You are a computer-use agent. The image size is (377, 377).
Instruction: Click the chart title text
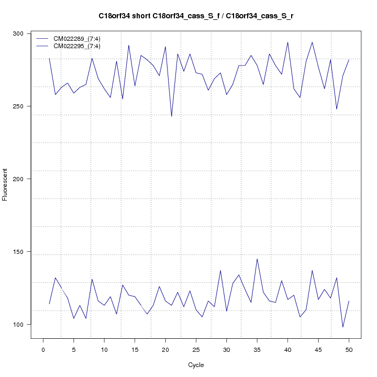click(x=196, y=16)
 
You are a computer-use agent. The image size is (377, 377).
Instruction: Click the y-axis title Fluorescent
click(x=6, y=184)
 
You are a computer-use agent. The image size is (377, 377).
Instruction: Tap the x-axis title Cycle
click(x=196, y=365)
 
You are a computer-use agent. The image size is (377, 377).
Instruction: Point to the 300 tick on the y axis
click(x=24, y=34)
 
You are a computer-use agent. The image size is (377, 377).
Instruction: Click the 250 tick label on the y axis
click(x=24, y=106)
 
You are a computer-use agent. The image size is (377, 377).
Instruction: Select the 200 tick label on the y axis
click(x=24, y=179)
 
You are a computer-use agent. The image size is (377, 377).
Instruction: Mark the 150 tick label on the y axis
click(x=24, y=252)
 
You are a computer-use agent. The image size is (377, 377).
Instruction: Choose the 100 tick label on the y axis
click(x=24, y=325)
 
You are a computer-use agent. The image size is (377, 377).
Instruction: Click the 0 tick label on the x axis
click(x=43, y=350)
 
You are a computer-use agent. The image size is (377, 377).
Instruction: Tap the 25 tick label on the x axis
click(x=196, y=350)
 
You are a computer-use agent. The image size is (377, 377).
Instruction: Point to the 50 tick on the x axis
click(x=349, y=350)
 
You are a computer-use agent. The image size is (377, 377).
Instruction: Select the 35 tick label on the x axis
click(x=257, y=350)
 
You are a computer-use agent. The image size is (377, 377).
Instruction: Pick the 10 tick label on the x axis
click(x=104, y=350)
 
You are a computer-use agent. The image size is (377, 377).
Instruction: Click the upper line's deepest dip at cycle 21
click(x=171, y=116)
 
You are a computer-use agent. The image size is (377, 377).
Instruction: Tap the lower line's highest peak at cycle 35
click(x=257, y=259)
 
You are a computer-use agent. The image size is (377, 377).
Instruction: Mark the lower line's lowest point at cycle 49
click(x=343, y=327)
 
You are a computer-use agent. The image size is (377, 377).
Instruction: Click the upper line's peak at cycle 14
click(x=129, y=45)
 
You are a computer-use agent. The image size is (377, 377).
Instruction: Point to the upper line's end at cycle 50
click(x=349, y=60)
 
